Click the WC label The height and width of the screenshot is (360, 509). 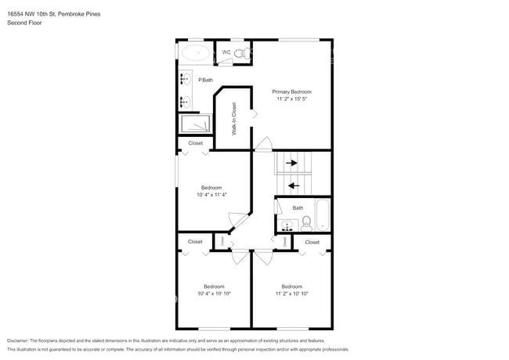226,52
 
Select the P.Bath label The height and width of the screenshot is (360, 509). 205,80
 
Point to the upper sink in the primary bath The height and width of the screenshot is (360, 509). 186,79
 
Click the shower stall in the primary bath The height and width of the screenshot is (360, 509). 196,124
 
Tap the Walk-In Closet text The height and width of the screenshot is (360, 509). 234,119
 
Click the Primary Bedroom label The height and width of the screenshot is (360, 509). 291,92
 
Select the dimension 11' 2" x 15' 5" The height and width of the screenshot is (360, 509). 291,99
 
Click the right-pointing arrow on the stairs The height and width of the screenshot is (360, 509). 291,164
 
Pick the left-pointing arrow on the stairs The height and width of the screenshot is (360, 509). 293,185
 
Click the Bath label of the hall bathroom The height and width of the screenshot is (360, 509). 298,207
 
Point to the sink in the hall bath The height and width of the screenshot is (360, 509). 286,225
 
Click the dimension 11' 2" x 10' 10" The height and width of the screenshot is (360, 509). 291,293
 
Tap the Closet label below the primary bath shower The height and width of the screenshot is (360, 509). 195,143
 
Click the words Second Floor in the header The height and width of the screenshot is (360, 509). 24,23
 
